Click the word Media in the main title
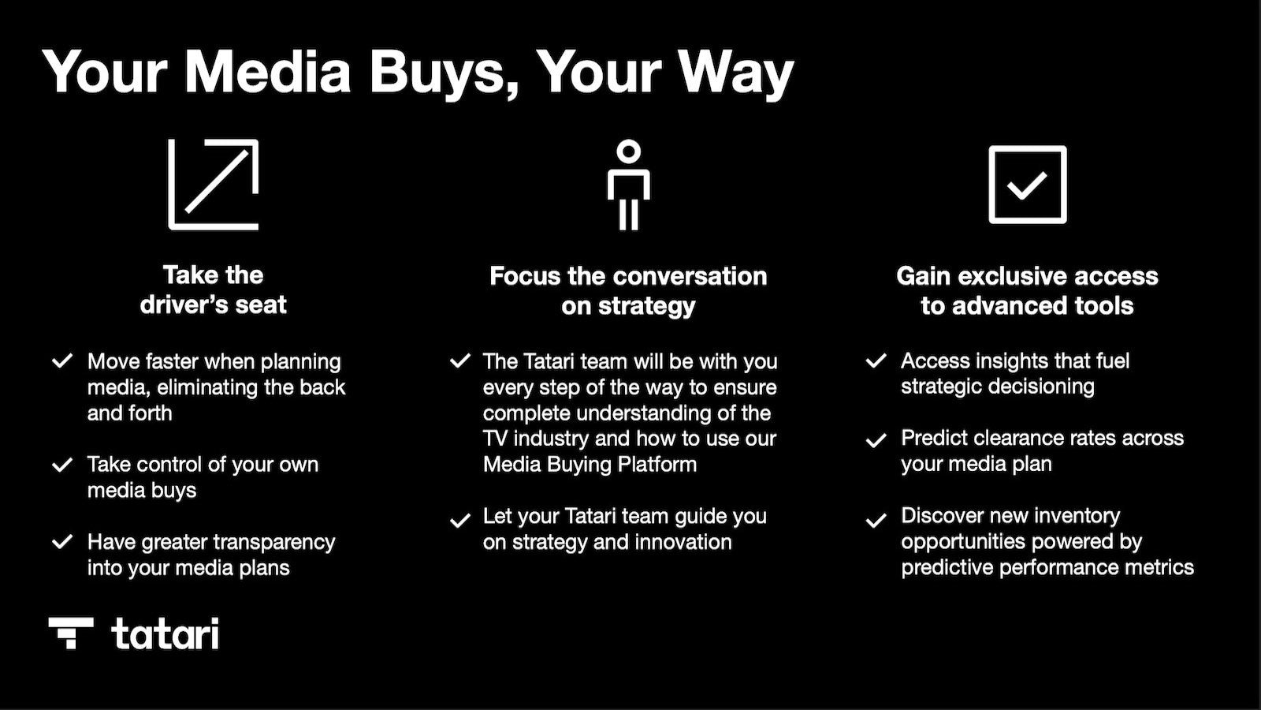pyautogui.click(x=267, y=73)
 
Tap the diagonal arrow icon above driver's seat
pyautogui.click(x=214, y=185)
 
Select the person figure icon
pyautogui.click(x=628, y=185)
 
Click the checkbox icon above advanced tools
pyautogui.click(x=1027, y=185)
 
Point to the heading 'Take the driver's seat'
pyautogui.click(x=214, y=290)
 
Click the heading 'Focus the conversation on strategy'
pyautogui.click(x=628, y=290)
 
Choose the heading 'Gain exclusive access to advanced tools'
pyautogui.click(x=1027, y=290)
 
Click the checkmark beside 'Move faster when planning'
pyautogui.click(x=62, y=361)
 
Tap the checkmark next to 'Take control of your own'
pyautogui.click(x=62, y=465)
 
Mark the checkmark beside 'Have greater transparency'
pyautogui.click(x=62, y=542)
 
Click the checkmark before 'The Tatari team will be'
pyautogui.click(x=459, y=361)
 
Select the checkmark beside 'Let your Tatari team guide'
pyautogui.click(x=459, y=521)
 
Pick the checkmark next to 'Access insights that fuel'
pyautogui.click(x=876, y=361)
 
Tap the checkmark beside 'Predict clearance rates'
pyautogui.click(x=876, y=440)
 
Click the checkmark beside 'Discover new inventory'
pyautogui.click(x=876, y=521)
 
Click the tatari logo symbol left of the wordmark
pyautogui.click(x=71, y=633)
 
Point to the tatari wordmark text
pyautogui.click(x=165, y=633)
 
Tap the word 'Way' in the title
pyautogui.click(x=735, y=73)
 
